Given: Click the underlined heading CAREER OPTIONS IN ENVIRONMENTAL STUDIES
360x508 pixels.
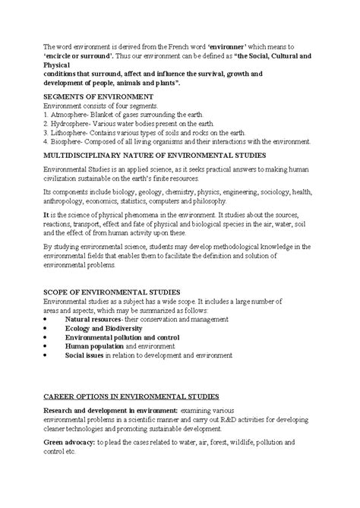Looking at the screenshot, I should coord(131,397).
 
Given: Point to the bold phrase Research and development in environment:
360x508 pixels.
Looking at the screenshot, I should coord(109,410).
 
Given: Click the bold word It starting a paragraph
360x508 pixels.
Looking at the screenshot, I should coord(46,216).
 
